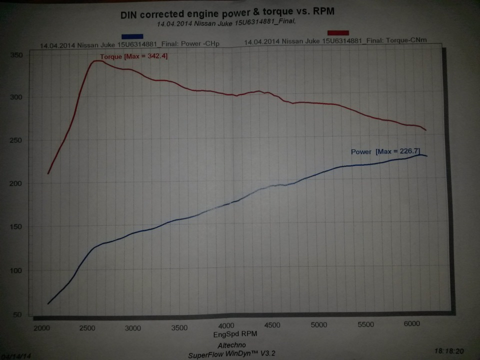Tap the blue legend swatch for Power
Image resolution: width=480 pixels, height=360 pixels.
[132, 36]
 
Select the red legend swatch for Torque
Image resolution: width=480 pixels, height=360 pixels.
[338, 32]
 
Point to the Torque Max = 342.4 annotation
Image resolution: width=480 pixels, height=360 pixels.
[134, 57]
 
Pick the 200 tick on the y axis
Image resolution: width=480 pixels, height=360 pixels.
[17, 184]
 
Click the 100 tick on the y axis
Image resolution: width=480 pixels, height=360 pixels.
[17, 271]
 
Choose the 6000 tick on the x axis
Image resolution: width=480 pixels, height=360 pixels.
[411, 324]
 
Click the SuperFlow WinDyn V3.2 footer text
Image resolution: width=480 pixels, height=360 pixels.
[231, 354]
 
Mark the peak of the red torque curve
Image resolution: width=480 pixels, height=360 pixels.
[96, 61]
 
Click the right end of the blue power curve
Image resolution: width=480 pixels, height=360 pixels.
[426, 156]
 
